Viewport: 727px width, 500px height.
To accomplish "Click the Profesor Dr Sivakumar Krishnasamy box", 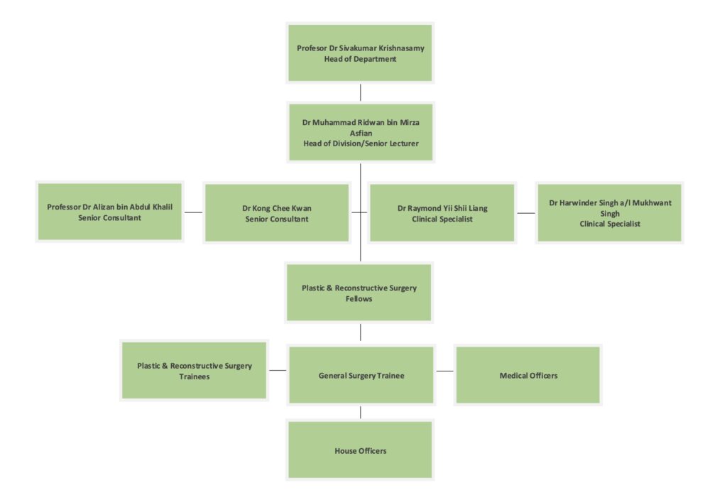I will pyautogui.click(x=360, y=53).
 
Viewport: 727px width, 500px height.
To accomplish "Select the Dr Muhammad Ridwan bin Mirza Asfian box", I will pyautogui.click(x=360, y=132).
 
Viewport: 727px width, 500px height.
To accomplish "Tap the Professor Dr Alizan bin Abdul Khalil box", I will pyautogui.click(x=110, y=212).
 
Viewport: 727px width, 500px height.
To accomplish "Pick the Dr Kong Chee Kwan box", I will pyautogui.click(x=276, y=213).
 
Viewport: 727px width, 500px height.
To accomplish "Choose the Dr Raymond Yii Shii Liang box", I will pyautogui.click(x=442, y=213).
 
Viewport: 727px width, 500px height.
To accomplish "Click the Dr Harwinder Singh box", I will pyautogui.click(x=609, y=213).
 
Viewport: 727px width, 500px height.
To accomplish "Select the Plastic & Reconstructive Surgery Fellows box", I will pyautogui.click(x=359, y=293).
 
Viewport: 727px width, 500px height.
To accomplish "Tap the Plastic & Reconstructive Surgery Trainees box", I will pyautogui.click(x=194, y=371).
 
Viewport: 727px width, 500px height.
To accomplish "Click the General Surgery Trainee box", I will pyautogui.click(x=361, y=375).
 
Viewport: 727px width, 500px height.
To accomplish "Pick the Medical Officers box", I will pyautogui.click(x=528, y=375).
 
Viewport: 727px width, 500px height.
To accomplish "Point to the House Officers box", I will pyautogui.click(x=360, y=450).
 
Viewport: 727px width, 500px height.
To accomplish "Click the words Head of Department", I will pyautogui.click(x=360, y=60).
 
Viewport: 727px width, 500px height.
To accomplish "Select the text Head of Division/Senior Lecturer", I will pyautogui.click(x=360, y=143).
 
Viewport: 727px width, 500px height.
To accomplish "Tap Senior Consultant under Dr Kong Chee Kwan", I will pyautogui.click(x=276, y=219).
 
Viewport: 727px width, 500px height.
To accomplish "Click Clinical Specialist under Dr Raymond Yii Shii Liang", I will pyautogui.click(x=442, y=219).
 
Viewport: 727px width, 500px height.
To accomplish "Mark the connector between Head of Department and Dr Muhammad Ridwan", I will pyautogui.click(x=361, y=92).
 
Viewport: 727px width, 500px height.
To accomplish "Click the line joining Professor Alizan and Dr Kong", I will pyautogui.click(x=193, y=212).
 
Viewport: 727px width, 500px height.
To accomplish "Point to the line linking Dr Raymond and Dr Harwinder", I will pyautogui.click(x=525, y=212).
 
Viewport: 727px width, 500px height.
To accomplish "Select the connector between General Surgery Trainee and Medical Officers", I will pyautogui.click(x=444, y=371).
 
